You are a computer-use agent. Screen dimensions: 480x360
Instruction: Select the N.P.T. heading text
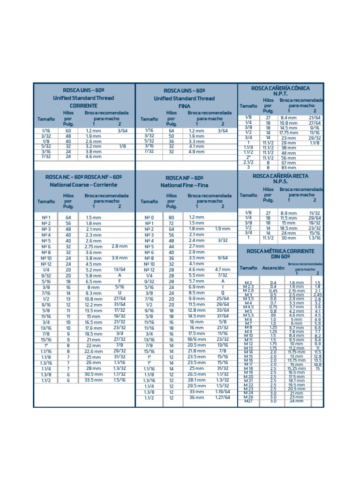(x=280, y=94)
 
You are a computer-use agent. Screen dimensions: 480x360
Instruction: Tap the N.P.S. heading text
(x=280, y=181)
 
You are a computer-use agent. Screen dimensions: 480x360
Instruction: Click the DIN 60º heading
(x=280, y=258)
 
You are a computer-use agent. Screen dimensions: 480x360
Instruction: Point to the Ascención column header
(x=273, y=268)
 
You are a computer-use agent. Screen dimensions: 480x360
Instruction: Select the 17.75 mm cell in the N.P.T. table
(x=289, y=133)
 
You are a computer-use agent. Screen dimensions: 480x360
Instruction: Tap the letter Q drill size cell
(x=223, y=292)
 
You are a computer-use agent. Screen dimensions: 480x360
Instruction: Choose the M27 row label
(x=248, y=401)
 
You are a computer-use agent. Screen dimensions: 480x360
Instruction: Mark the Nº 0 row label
(x=149, y=217)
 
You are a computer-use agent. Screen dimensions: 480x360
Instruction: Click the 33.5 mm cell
(x=93, y=380)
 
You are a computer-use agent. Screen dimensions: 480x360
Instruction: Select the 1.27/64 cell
(x=223, y=397)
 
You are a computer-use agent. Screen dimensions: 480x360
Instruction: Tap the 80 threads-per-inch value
(x=171, y=217)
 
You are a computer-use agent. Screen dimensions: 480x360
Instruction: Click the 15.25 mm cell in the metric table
(x=296, y=368)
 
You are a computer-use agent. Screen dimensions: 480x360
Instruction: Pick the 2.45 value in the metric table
(x=317, y=294)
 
